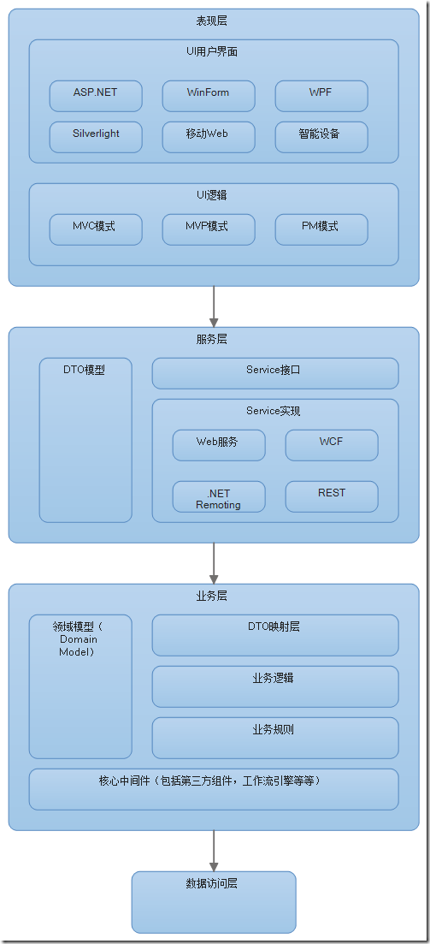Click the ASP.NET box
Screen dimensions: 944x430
96,96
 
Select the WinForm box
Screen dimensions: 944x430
209,96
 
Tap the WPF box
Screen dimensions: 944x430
321,96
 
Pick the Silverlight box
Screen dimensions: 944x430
96,137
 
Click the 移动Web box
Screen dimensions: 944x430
209,137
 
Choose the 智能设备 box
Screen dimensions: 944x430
321,137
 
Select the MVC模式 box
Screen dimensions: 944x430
96,229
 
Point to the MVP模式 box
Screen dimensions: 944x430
209,229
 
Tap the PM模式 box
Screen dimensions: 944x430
321,229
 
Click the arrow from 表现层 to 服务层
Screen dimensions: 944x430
214,306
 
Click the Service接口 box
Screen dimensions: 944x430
275,373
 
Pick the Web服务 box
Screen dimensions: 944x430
219,445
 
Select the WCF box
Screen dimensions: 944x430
332,445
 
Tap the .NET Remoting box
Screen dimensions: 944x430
219,496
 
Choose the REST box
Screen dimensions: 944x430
332,496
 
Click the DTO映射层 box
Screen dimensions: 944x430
275,635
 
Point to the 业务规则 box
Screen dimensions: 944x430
275,738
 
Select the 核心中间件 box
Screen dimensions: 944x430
214,789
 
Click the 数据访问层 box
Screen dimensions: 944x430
214,902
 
